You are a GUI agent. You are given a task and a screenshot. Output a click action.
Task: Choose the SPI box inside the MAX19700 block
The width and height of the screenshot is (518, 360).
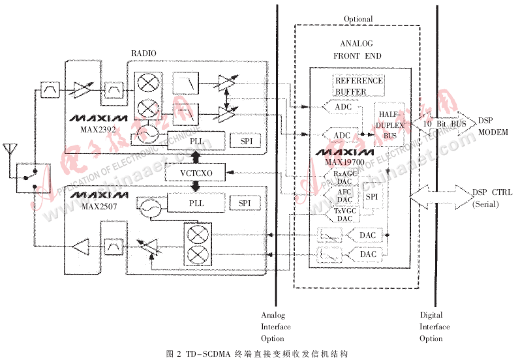(x=371, y=196)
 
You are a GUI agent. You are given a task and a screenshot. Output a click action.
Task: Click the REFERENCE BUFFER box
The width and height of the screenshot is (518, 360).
(x=359, y=85)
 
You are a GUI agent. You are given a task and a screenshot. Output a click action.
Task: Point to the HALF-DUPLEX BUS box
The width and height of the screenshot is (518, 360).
(x=389, y=125)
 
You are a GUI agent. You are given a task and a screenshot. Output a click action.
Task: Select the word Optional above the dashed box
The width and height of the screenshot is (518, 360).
(x=357, y=19)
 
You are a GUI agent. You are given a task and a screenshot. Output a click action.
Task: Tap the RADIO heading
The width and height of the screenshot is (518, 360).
(x=144, y=53)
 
